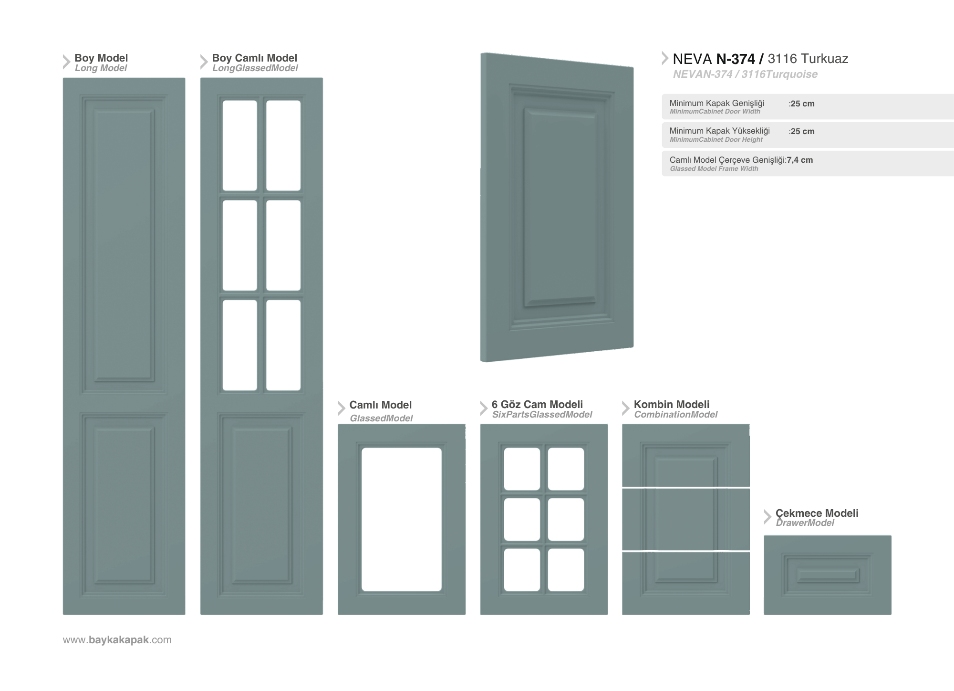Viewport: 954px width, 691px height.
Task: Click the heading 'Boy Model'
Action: point(101,58)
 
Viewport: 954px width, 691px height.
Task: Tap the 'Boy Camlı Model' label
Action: point(255,58)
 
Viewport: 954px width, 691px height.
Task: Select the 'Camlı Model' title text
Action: point(380,405)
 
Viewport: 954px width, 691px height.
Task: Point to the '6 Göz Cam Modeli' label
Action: point(537,404)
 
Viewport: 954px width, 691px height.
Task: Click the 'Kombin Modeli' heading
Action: point(672,404)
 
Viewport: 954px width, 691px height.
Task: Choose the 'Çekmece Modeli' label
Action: point(817,513)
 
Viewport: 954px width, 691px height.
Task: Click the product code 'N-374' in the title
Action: point(736,59)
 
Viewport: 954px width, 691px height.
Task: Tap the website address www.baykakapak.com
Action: point(117,640)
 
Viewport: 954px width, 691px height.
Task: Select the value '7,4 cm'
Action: point(800,160)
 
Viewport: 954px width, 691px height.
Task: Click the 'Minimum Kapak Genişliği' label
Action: point(717,103)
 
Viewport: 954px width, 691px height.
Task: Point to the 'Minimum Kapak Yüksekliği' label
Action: point(720,131)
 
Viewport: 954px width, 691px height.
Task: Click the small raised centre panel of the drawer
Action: point(828,575)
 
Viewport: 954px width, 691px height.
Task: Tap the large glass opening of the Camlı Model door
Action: point(402,519)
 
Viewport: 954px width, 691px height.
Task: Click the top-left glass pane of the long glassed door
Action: point(240,146)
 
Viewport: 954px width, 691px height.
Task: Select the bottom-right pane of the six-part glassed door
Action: point(566,570)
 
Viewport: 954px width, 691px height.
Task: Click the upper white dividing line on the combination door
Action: point(686,487)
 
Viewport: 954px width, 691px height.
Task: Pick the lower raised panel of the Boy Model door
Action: point(124,505)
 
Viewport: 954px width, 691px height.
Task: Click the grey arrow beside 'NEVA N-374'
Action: point(665,58)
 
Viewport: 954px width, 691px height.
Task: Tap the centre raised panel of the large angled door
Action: point(560,207)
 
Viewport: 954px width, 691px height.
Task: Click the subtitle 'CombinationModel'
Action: point(675,415)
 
